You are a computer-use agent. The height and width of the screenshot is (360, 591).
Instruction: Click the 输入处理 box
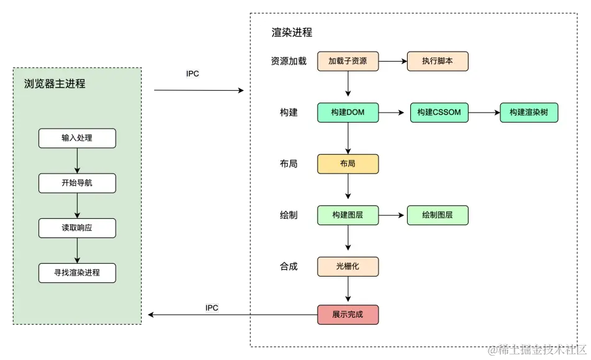click(77, 138)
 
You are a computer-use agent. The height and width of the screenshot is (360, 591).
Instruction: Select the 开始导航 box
click(77, 183)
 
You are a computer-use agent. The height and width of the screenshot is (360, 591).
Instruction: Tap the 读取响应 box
click(77, 228)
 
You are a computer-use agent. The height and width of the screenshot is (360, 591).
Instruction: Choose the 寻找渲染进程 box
click(77, 273)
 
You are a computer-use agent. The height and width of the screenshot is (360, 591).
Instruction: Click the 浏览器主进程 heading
click(55, 83)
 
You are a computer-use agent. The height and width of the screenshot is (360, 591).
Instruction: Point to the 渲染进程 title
click(292, 32)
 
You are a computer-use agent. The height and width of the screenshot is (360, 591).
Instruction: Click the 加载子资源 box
click(347, 61)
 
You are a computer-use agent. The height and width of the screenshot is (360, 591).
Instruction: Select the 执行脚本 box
click(438, 61)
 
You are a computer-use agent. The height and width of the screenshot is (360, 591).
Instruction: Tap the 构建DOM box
click(347, 113)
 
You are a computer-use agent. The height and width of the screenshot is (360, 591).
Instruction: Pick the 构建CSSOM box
click(439, 113)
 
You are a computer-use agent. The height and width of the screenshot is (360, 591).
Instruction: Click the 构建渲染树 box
click(529, 113)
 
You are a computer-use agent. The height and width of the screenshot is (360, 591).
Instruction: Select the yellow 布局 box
click(347, 164)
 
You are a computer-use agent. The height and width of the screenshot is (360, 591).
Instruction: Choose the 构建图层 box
click(347, 215)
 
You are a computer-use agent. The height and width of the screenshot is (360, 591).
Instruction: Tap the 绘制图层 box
click(438, 215)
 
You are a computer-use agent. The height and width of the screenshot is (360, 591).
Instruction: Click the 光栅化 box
click(347, 266)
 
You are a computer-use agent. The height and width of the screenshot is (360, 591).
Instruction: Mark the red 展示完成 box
click(347, 315)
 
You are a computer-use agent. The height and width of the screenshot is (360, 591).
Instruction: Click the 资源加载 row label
click(288, 61)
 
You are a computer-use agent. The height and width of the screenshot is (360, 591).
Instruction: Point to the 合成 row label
click(288, 266)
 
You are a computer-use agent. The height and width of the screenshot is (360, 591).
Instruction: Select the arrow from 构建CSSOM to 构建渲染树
click(484, 113)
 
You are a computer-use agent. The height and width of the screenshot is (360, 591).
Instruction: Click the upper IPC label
click(193, 73)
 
